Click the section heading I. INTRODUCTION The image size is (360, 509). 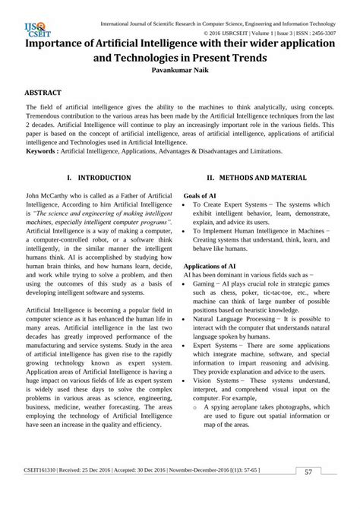click(99, 178)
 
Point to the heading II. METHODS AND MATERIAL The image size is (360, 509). click(257, 178)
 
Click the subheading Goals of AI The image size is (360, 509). click(200, 195)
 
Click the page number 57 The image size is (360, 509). click(308, 493)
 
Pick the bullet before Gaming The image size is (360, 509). click(186, 283)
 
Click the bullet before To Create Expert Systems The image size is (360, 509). click(186, 205)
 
